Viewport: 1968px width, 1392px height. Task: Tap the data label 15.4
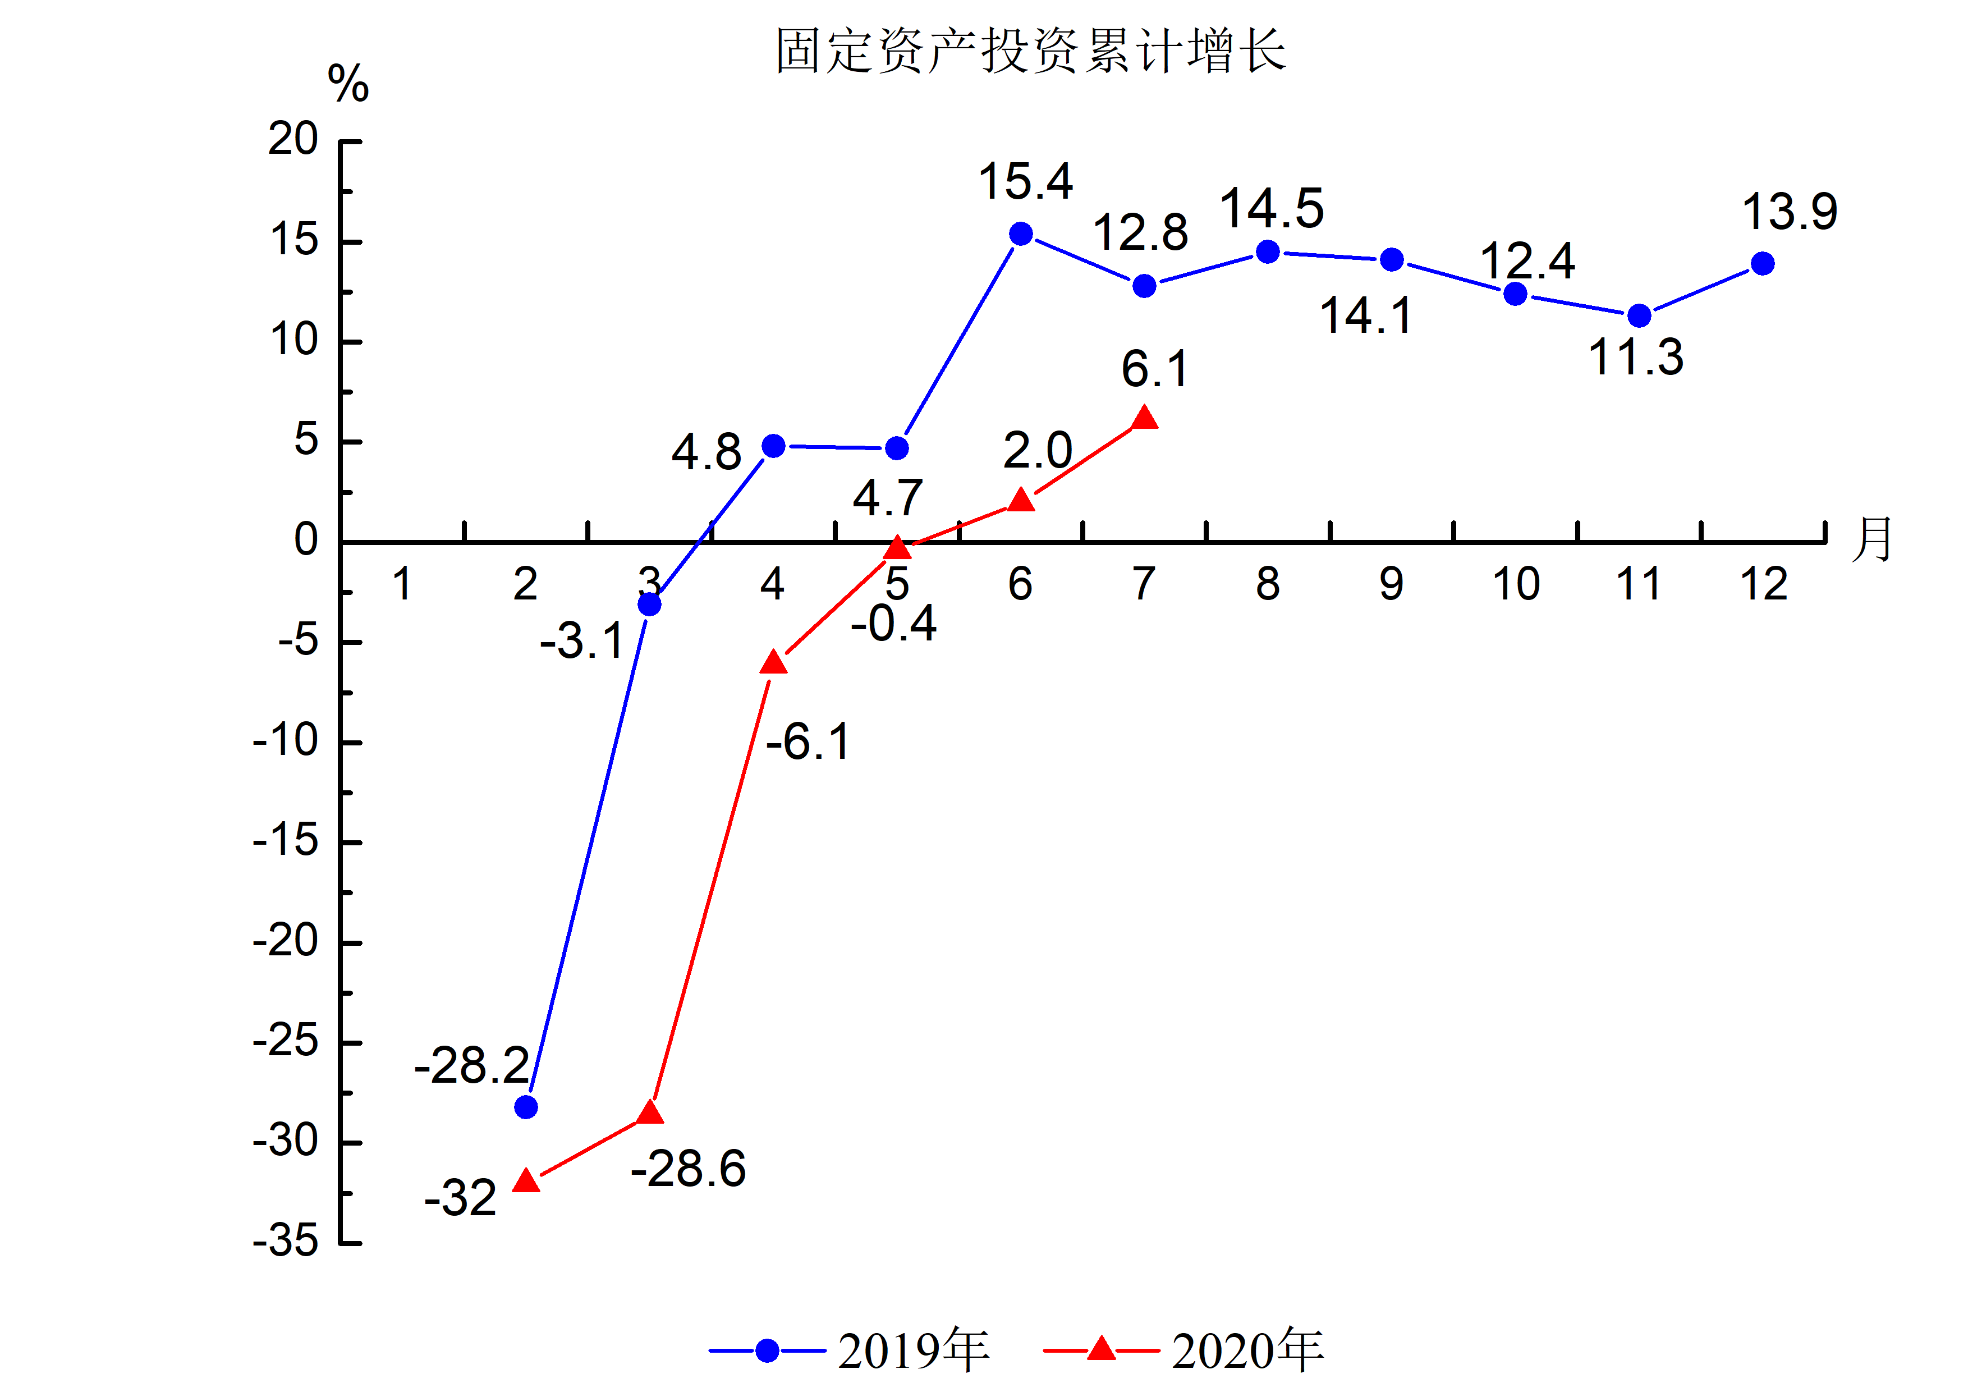click(x=1025, y=182)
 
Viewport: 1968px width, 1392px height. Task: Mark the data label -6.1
click(x=808, y=742)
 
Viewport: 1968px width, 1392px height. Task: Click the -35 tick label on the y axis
click(x=286, y=1240)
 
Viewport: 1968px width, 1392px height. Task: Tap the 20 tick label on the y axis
click(x=293, y=139)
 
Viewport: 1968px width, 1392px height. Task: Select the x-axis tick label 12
click(x=1763, y=584)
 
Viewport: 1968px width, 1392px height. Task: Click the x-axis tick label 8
click(x=1268, y=584)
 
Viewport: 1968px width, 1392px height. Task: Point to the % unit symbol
click(x=348, y=84)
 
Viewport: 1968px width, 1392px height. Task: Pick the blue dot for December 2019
click(x=1762, y=264)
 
